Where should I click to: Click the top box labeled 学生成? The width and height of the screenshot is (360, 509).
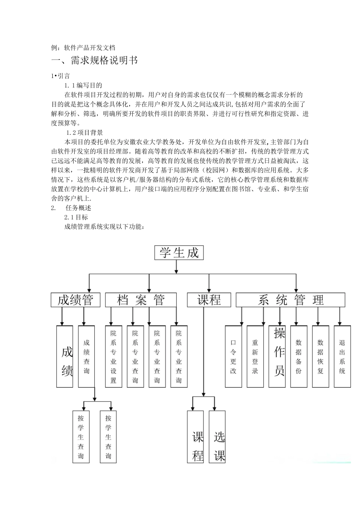[179, 253]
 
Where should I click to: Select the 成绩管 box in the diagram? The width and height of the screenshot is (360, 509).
[75, 300]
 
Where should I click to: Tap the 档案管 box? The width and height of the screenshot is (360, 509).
[141, 300]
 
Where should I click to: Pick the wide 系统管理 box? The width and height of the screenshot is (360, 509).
[290, 300]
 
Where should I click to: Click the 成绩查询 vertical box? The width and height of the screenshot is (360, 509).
[86, 356]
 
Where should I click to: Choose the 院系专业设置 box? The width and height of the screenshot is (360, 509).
[114, 356]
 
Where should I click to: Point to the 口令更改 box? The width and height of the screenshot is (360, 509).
[233, 356]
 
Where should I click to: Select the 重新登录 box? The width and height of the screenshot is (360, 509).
[255, 356]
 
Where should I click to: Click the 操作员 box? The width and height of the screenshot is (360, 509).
[277, 356]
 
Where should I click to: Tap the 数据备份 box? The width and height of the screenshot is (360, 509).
[299, 356]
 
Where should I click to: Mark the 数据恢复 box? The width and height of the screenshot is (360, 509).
[321, 356]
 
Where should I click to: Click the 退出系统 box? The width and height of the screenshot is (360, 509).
[342, 356]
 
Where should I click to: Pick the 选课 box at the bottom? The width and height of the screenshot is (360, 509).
[218, 437]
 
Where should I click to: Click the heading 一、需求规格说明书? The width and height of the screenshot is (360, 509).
[94, 60]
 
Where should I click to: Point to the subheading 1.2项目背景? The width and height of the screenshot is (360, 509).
[85, 133]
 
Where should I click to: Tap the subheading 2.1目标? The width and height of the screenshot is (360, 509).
[76, 217]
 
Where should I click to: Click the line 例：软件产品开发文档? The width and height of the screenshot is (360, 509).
[83, 48]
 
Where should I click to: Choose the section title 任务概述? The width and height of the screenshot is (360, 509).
[78, 208]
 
